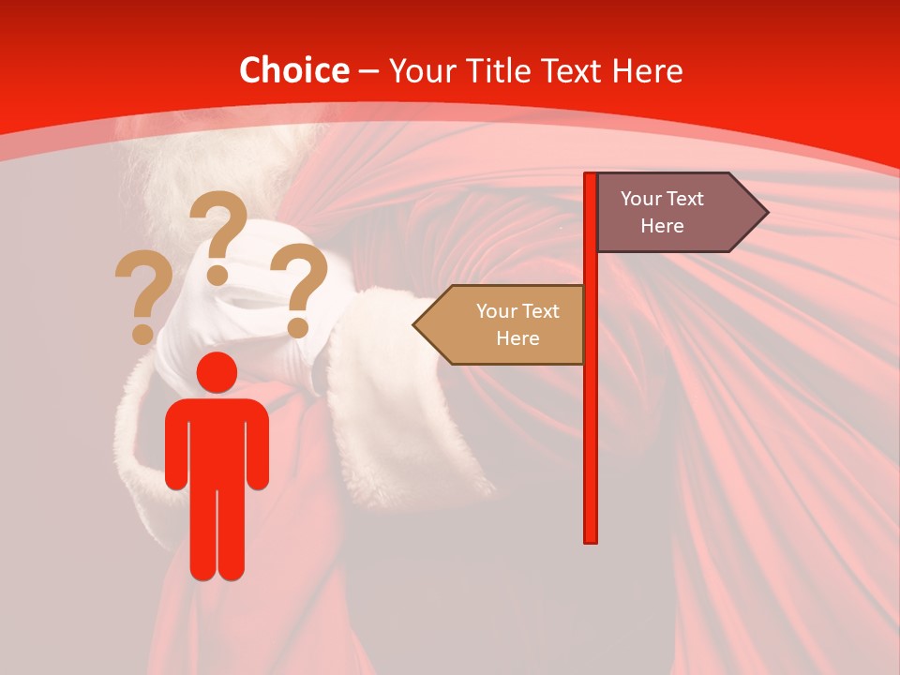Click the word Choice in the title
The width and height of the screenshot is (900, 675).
pos(293,70)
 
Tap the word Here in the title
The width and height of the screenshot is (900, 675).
pos(647,70)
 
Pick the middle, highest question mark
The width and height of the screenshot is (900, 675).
pos(218,234)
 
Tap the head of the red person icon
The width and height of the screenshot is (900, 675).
pos(217,372)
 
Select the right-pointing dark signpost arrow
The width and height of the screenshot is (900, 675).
pos(675,213)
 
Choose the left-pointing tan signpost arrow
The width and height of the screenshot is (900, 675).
pos(502,324)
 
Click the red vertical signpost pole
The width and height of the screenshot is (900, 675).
pos(591,422)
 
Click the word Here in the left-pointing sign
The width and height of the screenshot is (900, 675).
pos(517,338)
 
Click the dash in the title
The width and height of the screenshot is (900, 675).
pos(368,71)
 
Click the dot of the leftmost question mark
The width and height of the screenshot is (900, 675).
pos(142,334)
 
